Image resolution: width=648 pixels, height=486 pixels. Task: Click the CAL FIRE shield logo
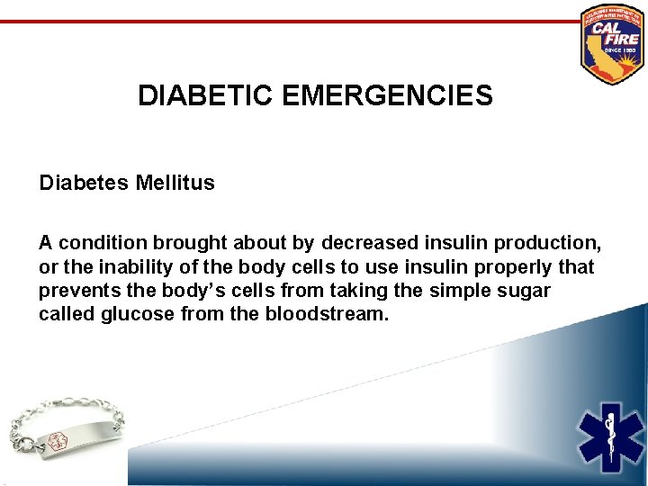click(x=612, y=43)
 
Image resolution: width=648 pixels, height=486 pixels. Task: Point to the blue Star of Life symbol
click(x=611, y=439)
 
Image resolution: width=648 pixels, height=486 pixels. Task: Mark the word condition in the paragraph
click(x=102, y=243)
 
